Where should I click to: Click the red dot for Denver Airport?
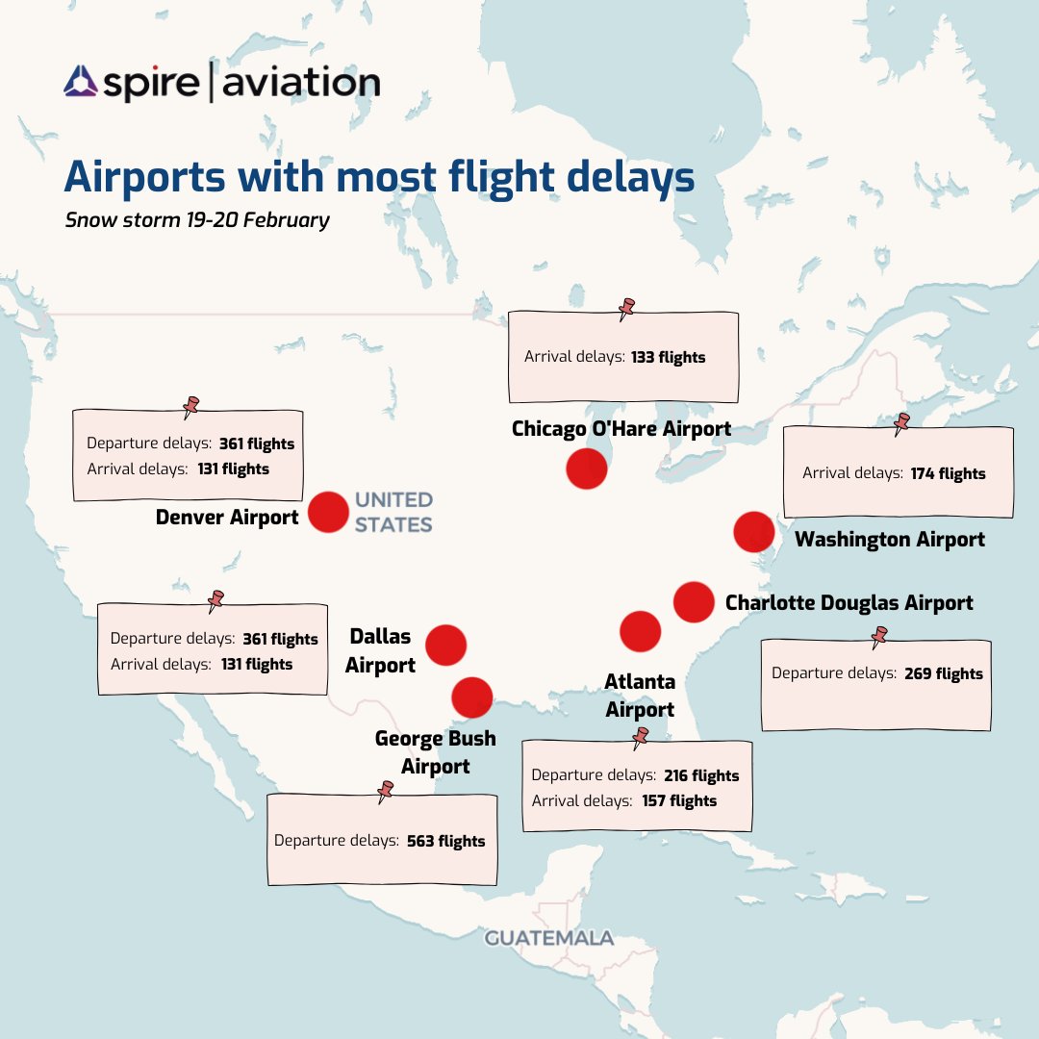[x=328, y=512]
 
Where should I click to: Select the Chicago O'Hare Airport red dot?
[x=586, y=469]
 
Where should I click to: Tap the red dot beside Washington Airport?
[x=754, y=532]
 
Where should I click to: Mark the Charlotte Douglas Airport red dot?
[x=694, y=602]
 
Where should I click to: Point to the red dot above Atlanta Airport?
[x=641, y=631]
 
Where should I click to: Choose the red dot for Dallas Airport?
[x=445, y=645]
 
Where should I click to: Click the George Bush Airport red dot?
[x=471, y=697]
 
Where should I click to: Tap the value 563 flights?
[x=445, y=841]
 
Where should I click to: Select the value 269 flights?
[x=944, y=673]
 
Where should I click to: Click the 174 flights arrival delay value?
[x=948, y=473]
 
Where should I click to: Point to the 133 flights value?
[x=668, y=357]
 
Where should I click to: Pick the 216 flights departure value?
[x=701, y=775]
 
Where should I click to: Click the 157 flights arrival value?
[x=679, y=800]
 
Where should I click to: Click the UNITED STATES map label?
[x=393, y=512]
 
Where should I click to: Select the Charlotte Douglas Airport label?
[x=849, y=603]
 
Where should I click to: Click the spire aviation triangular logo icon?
[x=81, y=83]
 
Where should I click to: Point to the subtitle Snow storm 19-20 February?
[x=197, y=219]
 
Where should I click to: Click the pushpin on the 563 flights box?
[x=386, y=791]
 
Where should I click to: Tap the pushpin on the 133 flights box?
[x=627, y=308]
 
